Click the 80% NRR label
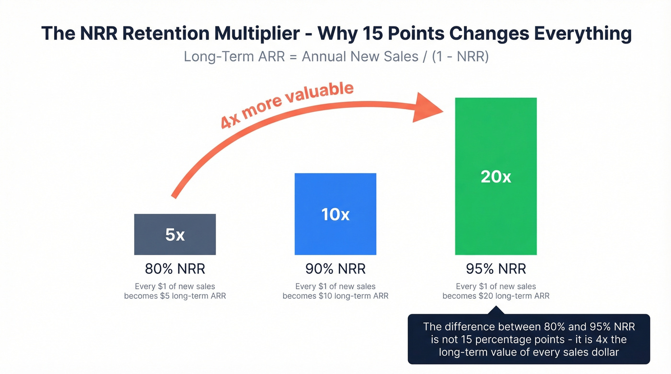tap(175, 268)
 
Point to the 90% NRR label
tap(335, 268)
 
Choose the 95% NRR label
tap(496, 268)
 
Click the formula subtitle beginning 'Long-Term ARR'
tap(335, 57)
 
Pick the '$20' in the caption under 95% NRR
tap(485, 296)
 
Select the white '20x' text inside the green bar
tap(496, 177)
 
